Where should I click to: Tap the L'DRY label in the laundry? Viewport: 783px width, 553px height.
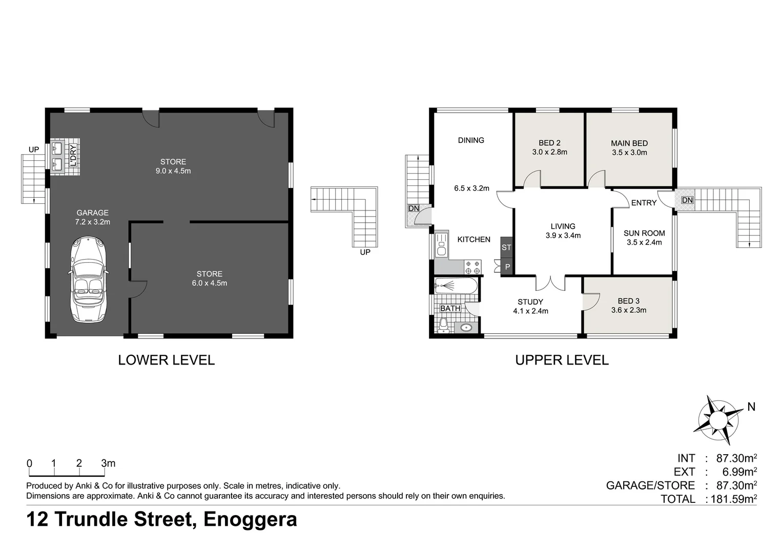(73, 156)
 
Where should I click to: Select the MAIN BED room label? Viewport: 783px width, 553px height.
(629, 143)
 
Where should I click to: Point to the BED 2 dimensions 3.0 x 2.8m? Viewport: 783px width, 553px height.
(549, 152)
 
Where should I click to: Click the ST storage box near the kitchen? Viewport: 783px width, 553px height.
(506, 247)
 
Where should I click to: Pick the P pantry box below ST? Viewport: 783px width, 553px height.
(507, 267)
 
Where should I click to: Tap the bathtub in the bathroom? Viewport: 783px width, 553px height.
(456, 286)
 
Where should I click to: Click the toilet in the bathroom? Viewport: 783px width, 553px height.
(444, 325)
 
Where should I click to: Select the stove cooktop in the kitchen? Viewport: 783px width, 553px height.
(472, 267)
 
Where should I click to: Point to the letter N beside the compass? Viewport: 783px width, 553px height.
(751, 407)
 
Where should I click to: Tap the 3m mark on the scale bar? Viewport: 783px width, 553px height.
(108, 463)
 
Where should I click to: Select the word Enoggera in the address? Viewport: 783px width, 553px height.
(250, 519)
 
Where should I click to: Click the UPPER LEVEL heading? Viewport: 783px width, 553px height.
(562, 360)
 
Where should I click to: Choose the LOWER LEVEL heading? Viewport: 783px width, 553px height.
(166, 360)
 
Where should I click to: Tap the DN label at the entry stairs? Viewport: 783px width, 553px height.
(687, 200)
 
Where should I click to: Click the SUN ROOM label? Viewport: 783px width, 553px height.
(644, 233)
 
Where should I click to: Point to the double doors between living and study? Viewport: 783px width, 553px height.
(550, 283)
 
